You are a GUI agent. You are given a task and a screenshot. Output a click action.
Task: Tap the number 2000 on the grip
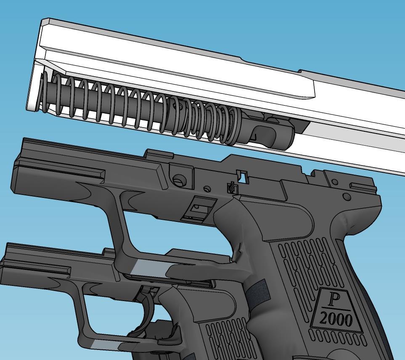(x=336, y=320)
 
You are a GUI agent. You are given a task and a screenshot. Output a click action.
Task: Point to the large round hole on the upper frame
(x=179, y=180)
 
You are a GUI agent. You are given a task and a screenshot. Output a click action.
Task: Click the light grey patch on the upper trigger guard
(x=150, y=267)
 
